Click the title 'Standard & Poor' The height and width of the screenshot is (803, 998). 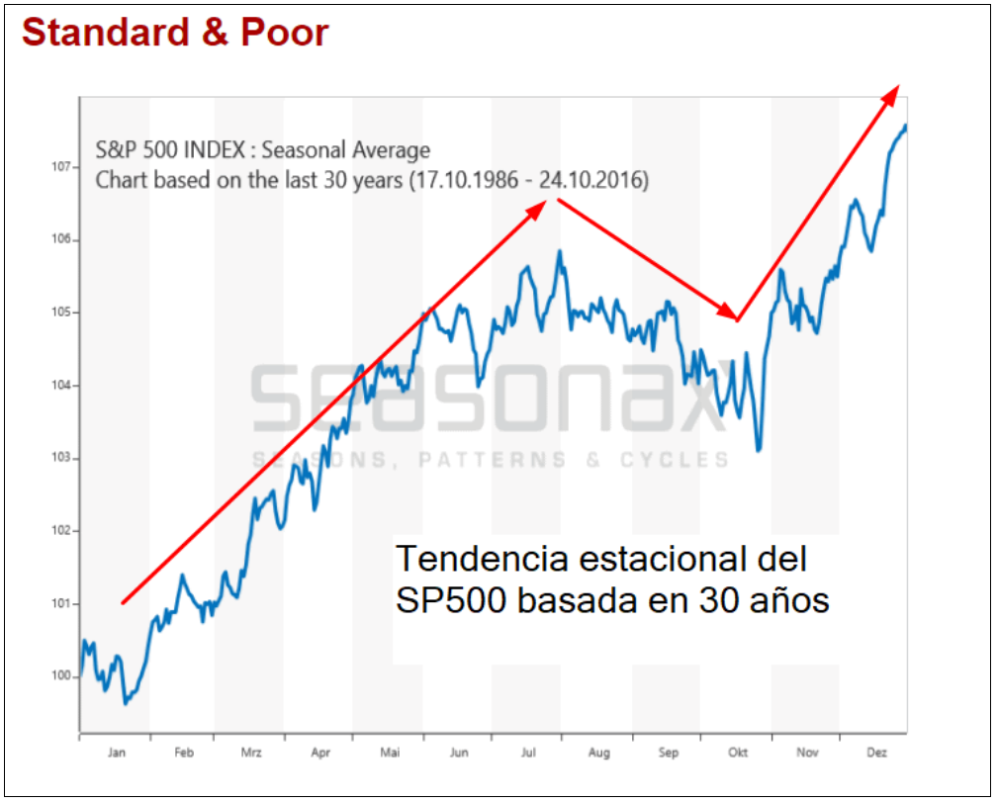(175, 33)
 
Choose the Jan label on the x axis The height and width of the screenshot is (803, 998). (115, 753)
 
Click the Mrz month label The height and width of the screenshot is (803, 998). (251, 753)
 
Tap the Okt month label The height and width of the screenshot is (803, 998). (738, 753)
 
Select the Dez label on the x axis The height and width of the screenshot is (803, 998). (876, 753)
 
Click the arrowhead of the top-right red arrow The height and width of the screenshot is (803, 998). (893, 91)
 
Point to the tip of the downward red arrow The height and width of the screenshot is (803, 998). (733, 317)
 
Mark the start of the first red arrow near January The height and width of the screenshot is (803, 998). (123, 602)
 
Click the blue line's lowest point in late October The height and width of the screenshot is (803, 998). (759, 451)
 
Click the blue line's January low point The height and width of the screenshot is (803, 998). (126, 703)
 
